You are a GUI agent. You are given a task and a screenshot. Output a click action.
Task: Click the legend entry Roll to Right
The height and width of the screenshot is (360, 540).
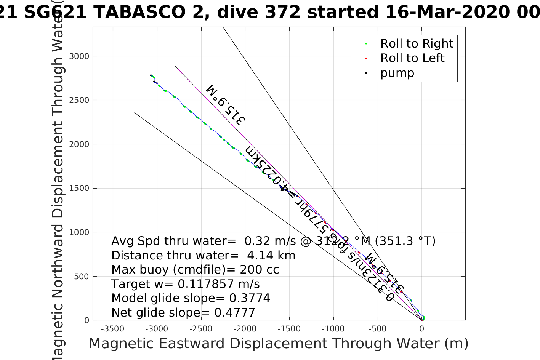[417, 44]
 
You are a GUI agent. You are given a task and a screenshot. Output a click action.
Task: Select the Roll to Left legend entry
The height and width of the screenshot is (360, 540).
[412, 58]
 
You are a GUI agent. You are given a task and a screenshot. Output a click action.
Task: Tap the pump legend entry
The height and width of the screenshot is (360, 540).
[397, 73]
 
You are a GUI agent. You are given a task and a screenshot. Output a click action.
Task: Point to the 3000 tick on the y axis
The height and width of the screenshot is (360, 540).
[79, 56]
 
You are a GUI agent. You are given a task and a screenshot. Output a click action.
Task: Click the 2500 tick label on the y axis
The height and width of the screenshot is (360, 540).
[79, 100]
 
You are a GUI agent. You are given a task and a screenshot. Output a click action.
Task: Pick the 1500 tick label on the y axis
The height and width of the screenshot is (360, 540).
[79, 188]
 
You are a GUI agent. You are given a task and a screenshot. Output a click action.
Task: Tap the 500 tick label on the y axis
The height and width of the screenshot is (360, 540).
[82, 276]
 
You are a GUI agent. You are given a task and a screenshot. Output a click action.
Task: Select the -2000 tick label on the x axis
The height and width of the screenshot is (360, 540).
[245, 329]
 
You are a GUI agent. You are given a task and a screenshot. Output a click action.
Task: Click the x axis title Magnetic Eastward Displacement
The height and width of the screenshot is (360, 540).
[278, 344]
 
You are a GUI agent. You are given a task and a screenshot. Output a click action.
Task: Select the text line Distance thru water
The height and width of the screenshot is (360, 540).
[203, 256]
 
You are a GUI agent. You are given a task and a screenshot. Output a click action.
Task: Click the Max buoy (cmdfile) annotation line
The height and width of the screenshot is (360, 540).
[195, 270]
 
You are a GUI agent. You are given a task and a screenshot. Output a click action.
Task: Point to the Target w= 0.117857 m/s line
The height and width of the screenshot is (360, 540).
[185, 284]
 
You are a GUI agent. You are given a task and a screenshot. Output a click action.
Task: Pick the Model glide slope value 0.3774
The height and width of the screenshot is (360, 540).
[250, 298]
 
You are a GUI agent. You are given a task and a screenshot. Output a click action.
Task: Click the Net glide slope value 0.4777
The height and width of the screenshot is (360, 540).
[234, 313]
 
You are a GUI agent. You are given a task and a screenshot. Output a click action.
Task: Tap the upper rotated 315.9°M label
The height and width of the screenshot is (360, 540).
[226, 105]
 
